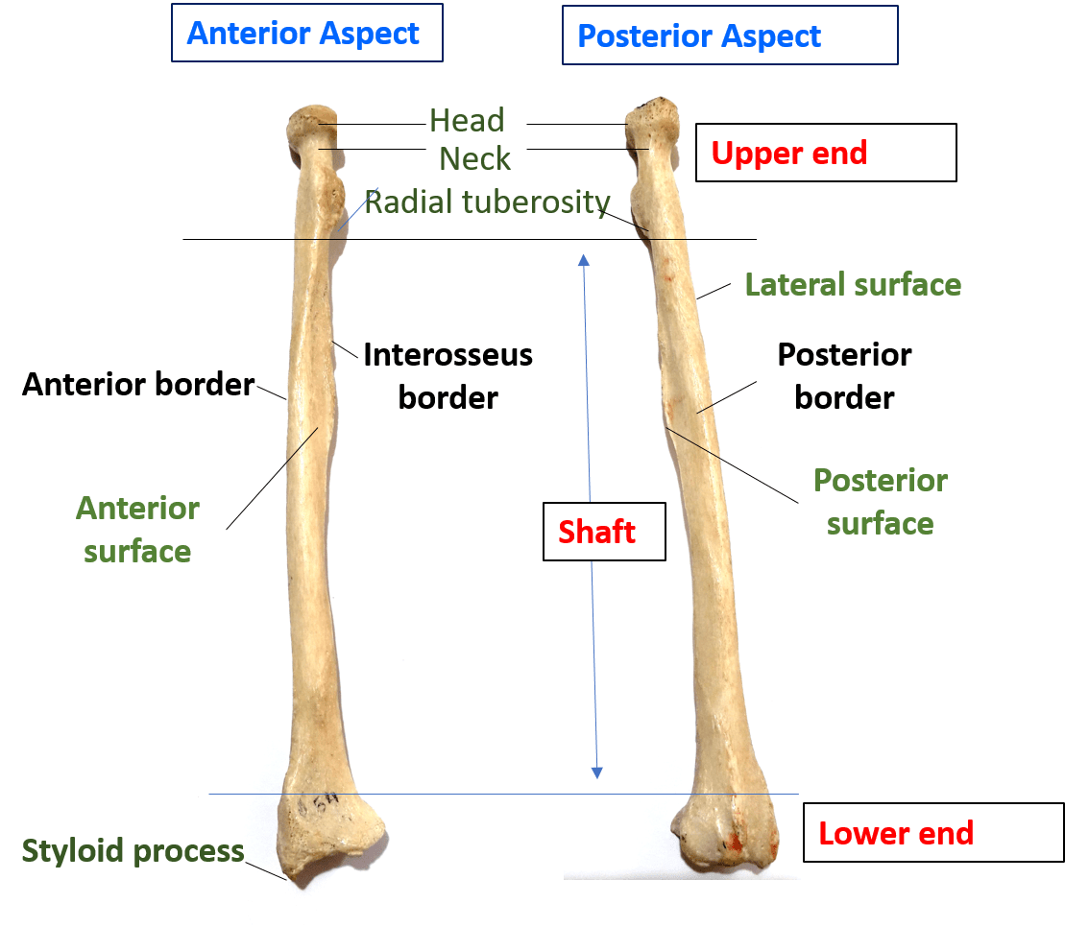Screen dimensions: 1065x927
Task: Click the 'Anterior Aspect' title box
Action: pos(306,34)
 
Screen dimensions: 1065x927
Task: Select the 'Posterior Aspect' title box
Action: pos(730,36)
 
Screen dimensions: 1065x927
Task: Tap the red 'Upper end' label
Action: pos(825,153)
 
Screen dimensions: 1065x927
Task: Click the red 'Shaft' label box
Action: pos(604,531)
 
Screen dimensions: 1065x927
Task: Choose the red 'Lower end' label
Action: pos(932,832)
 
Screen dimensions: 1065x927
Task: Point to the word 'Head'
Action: pos(467,121)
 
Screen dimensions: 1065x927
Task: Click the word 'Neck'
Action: pos(474,158)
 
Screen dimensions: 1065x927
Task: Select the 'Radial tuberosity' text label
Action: pos(487,202)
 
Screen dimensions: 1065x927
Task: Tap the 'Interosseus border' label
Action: pos(448,375)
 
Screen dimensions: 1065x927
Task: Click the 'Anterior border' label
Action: pos(138,385)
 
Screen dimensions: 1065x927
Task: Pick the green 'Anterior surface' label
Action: pos(137,530)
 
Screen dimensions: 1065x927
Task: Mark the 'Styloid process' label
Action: pos(133,851)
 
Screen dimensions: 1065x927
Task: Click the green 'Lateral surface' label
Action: pos(853,285)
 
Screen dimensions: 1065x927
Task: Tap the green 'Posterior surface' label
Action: pos(880,501)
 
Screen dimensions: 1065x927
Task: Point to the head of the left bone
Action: pos(311,126)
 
